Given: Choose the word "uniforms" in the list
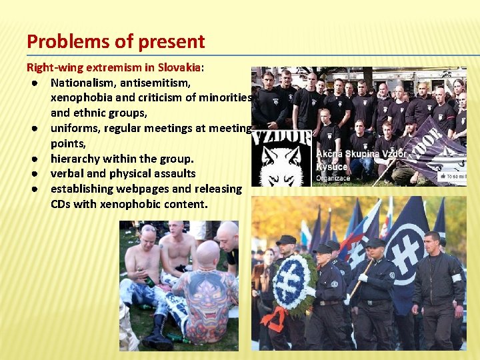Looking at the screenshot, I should point(75,129).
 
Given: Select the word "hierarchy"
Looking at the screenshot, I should point(77,159).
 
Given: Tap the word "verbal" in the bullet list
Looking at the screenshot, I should point(68,174).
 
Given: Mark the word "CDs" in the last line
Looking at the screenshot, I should point(61,204).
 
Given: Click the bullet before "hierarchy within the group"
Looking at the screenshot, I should point(32,159).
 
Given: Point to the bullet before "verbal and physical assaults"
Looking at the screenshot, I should point(32,174).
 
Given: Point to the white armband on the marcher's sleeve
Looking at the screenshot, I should point(457,277).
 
